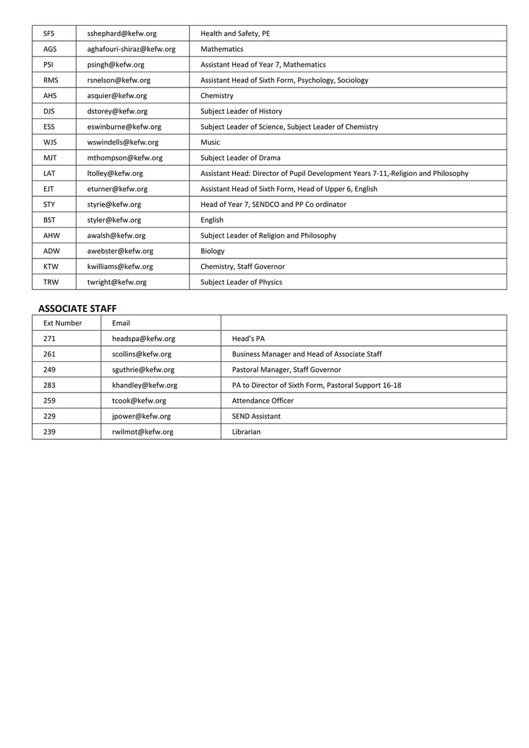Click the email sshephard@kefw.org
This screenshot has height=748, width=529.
[117, 33]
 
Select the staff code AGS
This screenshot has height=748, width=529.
[50, 49]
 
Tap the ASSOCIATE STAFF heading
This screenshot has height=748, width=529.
[77, 308]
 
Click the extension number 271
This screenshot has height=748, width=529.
[50, 338]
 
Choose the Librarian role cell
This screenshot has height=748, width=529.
[246, 432]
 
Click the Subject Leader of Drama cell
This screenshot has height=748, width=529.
[240, 158]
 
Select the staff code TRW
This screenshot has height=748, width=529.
[51, 282]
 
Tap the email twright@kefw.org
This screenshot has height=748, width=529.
[116, 282]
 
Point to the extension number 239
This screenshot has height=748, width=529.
[50, 432]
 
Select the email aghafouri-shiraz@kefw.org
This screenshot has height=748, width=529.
[131, 49]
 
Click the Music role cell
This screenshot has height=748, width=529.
[210, 142]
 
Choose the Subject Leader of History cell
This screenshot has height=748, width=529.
[241, 111]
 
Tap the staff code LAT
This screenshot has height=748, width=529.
[50, 174]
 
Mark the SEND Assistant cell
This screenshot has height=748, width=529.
[256, 416]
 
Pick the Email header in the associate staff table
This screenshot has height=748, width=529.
[121, 323]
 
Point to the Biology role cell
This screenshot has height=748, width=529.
[212, 251]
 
